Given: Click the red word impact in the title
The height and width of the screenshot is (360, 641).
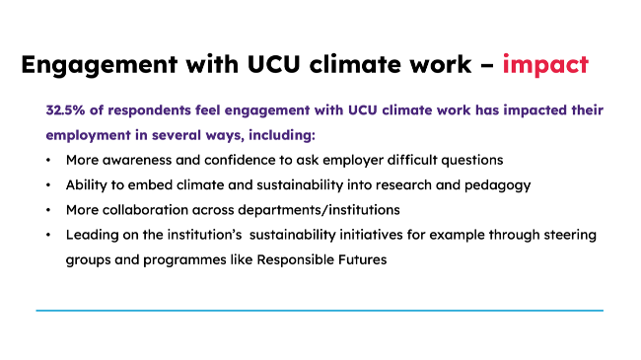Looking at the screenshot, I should (545, 65).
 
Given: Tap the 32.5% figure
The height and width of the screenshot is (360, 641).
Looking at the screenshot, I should (66, 109).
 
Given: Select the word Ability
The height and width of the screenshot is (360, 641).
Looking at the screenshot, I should (87, 184).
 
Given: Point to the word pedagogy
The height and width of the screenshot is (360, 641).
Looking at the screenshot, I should (504, 184).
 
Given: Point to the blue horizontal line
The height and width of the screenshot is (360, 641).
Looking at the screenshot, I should (320, 311).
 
